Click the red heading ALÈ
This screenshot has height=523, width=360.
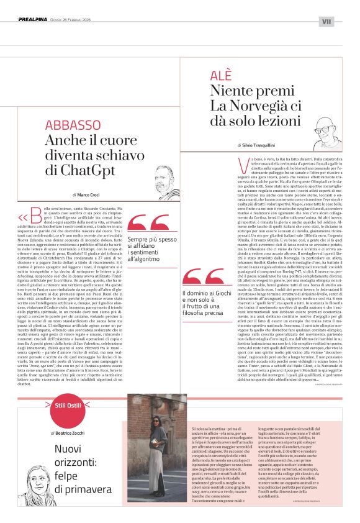tap(222, 79)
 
